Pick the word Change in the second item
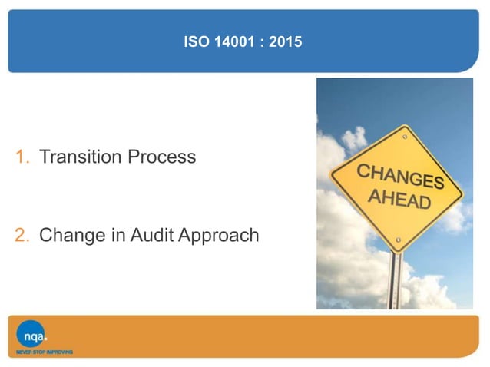point(71,235)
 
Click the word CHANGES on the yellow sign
point(400,176)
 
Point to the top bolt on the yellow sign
point(405,135)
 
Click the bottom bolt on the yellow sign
point(397,240)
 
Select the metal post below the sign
point(396,280)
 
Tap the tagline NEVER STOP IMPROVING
point(45,352)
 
